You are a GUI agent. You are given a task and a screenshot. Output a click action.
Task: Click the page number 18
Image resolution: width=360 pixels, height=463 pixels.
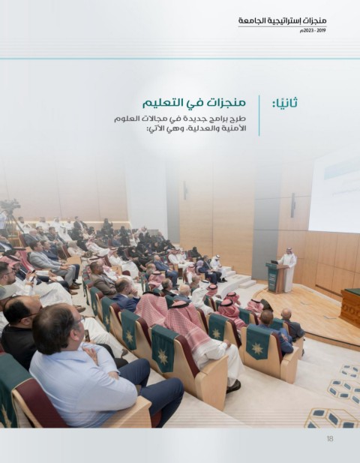(x=330, y=438)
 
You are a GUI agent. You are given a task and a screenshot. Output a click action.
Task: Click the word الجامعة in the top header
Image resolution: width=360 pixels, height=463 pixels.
(x=249, y=21)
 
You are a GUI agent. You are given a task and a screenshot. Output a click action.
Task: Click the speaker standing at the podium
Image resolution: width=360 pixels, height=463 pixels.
(x=288, y=269)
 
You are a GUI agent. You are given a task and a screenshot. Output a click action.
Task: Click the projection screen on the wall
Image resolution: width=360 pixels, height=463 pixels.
(x=334, y=193)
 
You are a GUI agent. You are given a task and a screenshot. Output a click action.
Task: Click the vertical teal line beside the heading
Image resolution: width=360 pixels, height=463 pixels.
(x=259, y=116)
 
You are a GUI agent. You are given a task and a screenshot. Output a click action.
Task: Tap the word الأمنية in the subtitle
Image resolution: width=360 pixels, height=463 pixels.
(x=235, y=129)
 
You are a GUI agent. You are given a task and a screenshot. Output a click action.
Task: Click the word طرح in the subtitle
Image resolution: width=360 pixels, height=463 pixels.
(x=239, y=119)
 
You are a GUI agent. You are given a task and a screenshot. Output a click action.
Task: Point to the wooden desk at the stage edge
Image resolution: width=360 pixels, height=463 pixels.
(x=350, y=307)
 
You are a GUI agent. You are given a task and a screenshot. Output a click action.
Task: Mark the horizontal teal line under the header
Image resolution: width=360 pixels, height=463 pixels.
(x=180, y=59)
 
